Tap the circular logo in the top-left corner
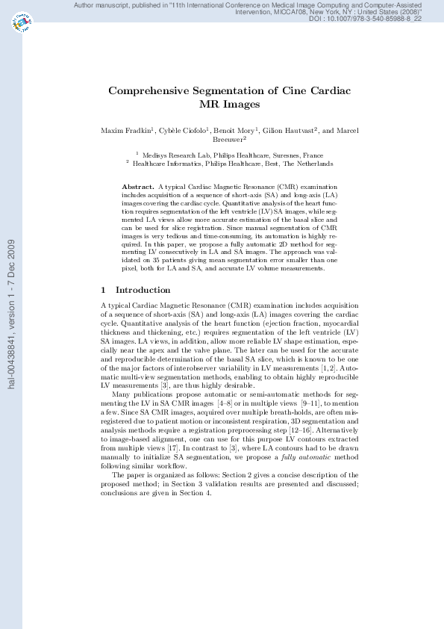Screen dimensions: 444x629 point(22,25)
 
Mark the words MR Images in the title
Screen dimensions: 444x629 point(230,105)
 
